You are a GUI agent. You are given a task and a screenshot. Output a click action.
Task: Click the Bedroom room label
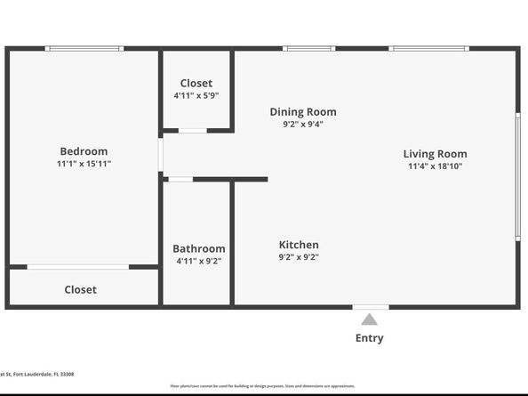84,151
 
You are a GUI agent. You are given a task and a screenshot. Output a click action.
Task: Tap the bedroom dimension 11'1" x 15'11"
84,164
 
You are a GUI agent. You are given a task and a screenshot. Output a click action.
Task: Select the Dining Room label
303,112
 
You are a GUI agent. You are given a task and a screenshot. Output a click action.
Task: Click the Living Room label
435,154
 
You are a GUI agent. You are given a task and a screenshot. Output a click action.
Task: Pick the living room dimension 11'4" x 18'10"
435,166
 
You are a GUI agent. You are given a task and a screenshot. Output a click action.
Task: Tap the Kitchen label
299,245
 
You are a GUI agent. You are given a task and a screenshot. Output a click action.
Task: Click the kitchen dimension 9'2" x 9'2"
299,257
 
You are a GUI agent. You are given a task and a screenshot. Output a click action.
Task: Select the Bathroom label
198,248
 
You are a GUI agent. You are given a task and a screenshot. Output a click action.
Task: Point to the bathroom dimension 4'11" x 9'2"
198,261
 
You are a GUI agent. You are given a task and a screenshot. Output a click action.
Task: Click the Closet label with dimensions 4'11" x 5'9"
196,83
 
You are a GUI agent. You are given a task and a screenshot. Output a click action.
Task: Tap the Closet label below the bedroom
80,289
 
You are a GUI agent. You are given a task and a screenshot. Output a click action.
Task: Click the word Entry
370,338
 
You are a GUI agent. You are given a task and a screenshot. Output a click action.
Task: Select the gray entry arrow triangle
370,319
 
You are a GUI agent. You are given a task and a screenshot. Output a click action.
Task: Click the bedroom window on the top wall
84,48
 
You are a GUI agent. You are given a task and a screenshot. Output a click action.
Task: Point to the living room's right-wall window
517,175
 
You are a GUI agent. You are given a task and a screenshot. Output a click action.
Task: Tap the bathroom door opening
180,180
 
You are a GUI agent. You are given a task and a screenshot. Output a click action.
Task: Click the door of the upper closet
193,131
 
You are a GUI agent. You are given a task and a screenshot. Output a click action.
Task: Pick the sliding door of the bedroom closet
78,267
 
